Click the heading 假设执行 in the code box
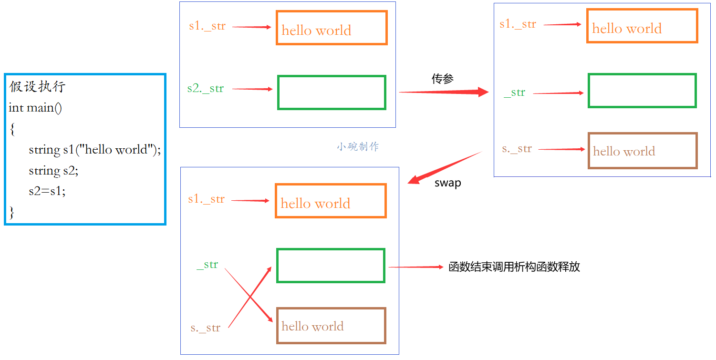click(37, 87)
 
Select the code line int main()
click(35, 108)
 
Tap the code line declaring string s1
click(94, 150)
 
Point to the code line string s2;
click(53, 171)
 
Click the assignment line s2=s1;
click(47, 191)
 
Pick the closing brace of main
click(12, 212)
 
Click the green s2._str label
click(205, 89)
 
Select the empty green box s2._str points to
click(332, 93)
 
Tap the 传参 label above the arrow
click(442, 79)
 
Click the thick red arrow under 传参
click(444, 92)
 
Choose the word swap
click(447, 183)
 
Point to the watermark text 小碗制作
click(358, 147)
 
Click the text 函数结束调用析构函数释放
click(514, 267)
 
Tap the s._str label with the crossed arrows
click(205, 328)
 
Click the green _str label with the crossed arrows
click(208, 265)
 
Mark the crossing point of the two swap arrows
click(250, 298)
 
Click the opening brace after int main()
click(12, 129)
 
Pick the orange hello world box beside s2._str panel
click(332, 28)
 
